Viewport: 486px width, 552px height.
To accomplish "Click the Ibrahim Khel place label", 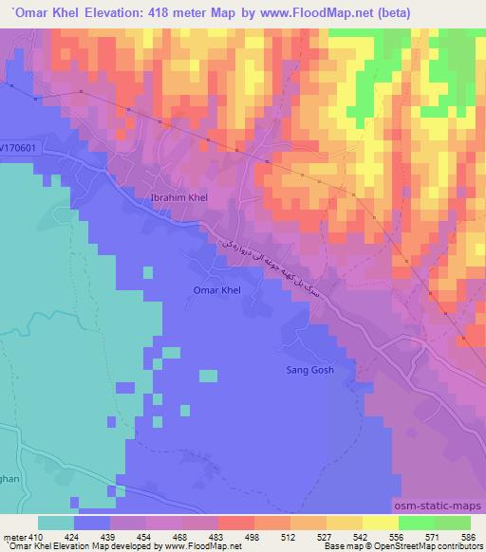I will (179, 197).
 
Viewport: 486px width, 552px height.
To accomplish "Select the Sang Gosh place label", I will (309, 370).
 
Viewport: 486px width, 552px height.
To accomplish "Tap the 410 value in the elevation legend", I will (36, 537).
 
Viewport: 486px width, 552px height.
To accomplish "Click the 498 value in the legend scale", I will (253, 537).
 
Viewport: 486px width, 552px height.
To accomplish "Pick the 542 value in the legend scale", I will (362, 537).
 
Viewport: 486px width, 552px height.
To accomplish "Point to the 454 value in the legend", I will (145, 537).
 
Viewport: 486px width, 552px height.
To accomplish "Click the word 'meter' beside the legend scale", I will (13, 537).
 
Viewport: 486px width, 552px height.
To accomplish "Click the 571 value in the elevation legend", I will (433, 537).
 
